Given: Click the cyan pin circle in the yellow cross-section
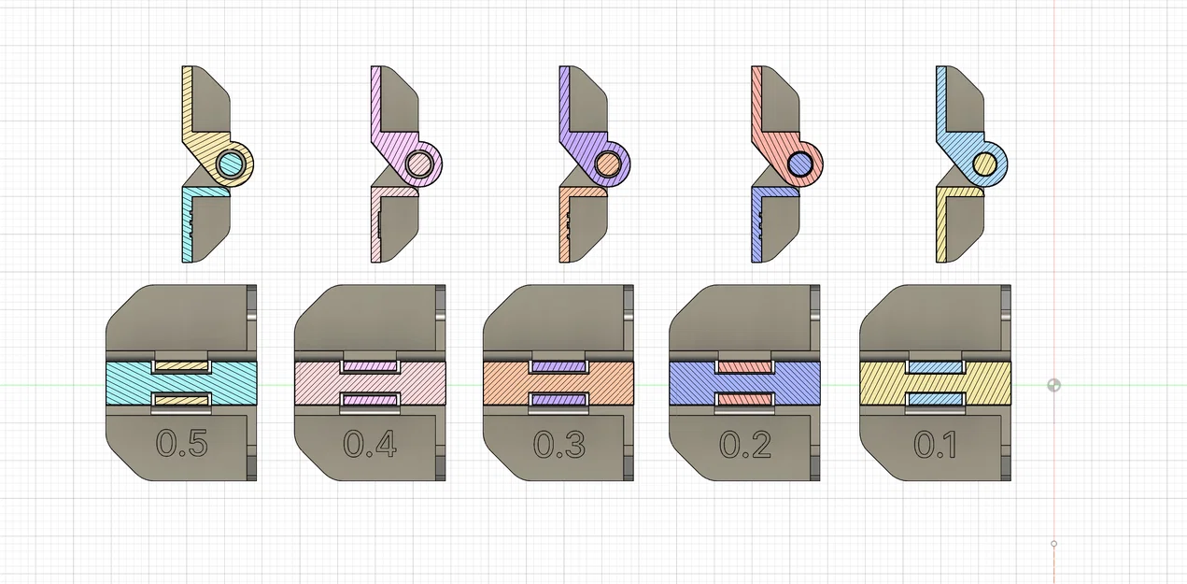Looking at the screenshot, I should pyautogui.click(x=231, y=165).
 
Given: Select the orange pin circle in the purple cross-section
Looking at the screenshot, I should pyautogui.click(x=608, y=165).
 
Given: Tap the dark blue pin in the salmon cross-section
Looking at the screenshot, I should pyautogui.click(x=799, y=165).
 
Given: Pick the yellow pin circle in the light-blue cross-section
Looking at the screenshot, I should pyautogui.click(x=984, y=165).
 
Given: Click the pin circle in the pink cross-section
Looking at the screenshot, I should pyautogui.click(x=419, y=165).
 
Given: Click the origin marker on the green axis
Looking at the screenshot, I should pyautogui.click(x=1054, y=385).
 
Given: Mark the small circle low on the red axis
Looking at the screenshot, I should pyautogui.click(x=1054, y=544).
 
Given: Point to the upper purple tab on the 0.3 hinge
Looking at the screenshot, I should pyautogui.click(x=558, y=366).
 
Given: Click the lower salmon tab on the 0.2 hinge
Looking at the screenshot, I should pyautogui.click(x=745, y=400).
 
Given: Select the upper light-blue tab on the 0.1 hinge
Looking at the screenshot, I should pyautogui.click(x=934, y=366).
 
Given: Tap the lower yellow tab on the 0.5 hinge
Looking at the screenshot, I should pyautogui.click(x=181, y=400).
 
